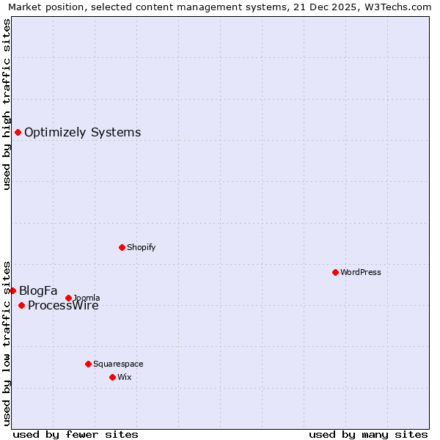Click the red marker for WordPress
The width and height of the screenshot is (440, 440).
(335, 272)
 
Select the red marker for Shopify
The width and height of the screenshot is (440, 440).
(122, 247)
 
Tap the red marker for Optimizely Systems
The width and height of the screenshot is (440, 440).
(18, 132)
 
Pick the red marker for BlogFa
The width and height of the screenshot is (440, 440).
(12, 290)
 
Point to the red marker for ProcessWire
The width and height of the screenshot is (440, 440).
(21, 305)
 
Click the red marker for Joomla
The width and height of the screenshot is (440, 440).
(68, 298)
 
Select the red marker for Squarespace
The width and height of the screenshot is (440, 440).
(88, 364)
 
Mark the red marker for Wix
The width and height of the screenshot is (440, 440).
(112, 377)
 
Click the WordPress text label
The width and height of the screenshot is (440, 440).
(361, 272)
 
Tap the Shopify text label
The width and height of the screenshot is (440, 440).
(142, 247)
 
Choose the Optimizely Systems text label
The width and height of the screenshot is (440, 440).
(83, 133)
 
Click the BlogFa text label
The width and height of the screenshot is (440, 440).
(38, 290)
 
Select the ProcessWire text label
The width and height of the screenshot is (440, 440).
(63, 306)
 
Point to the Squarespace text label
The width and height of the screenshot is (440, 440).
(118, 364)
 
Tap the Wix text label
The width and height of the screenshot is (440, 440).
(124, 377)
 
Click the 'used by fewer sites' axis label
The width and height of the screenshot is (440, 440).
(76, 434)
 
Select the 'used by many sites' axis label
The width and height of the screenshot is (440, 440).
(368, 434)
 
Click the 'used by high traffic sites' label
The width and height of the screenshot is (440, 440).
(7, 104)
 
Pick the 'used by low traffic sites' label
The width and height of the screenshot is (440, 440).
(7, 342)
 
